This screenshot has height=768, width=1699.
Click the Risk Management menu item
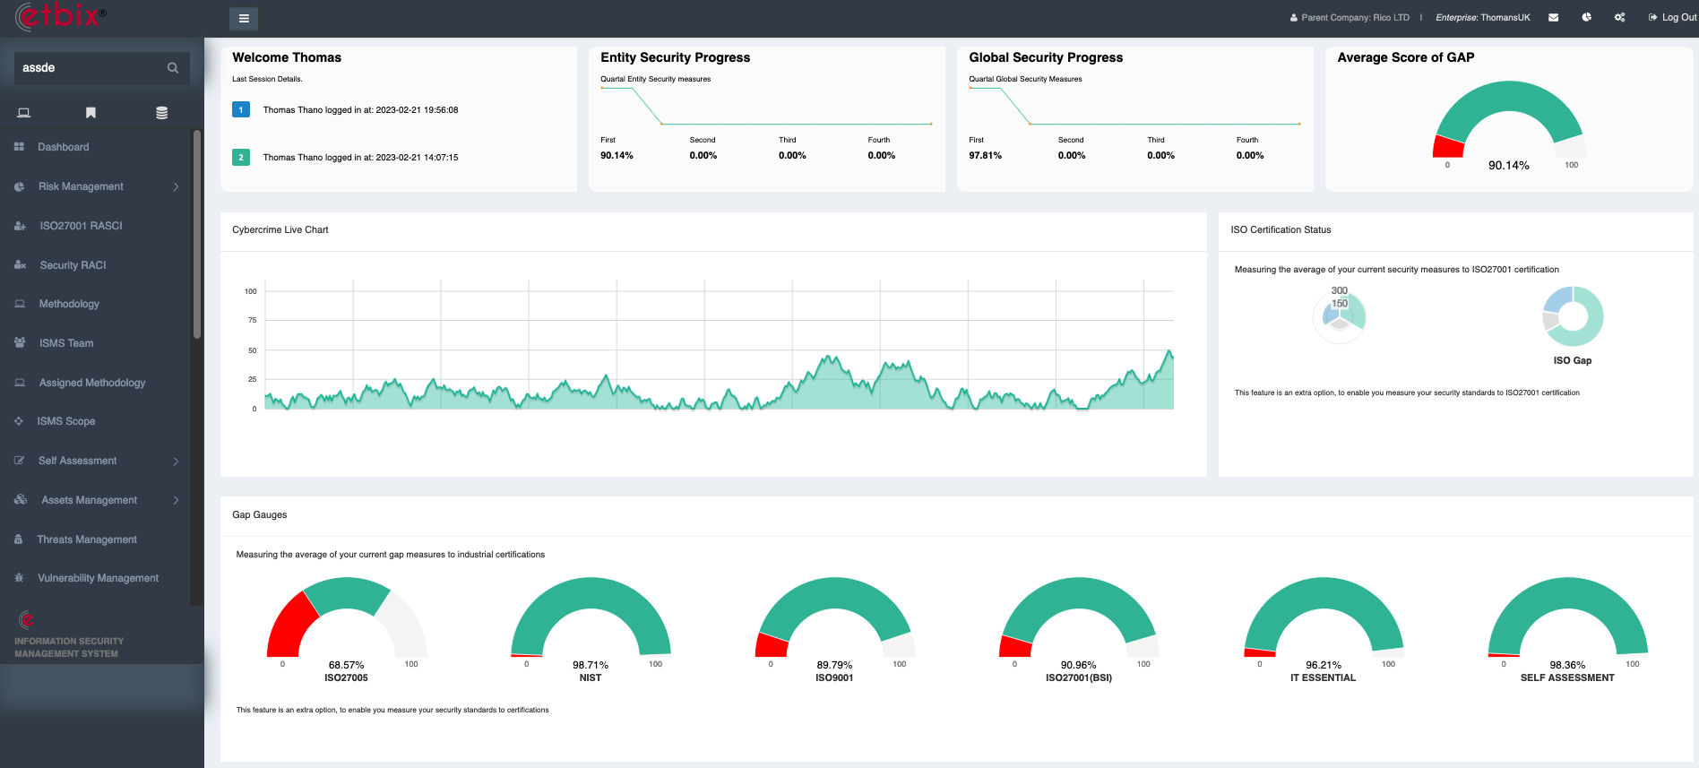[x=81, y=186]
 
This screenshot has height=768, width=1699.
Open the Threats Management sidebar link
[x=87, y=539]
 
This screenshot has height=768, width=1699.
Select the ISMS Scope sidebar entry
[x=65, y=421]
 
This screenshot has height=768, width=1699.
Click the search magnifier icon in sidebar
[x=173, y=68]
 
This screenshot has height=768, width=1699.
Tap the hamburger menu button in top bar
[x=244, y=18]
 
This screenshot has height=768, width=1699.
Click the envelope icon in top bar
[x=1553, y=17]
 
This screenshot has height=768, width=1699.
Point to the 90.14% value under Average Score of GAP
[x=1508, y=166]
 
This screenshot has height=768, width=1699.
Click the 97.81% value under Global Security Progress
[x=985, y=155]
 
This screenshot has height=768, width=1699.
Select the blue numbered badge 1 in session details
[x=241, y=109]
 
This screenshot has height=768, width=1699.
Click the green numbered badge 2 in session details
[x=241, y=157]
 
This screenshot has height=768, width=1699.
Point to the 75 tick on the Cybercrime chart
[x=252, y=320]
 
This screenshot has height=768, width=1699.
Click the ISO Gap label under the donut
[x=1572, y=360]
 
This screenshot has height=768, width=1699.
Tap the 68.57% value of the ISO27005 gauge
[x=346, y=665]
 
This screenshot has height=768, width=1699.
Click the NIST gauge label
[x=590, y=677]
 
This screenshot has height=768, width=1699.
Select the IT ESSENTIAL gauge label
[x=1323, y=677]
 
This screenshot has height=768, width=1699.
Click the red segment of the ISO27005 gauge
[x=291, y=627]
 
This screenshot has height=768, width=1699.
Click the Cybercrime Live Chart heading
[x=280, y=230]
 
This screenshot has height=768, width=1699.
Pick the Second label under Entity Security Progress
[x=703, y=140]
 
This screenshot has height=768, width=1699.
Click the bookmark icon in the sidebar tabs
[x=91, y=113]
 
